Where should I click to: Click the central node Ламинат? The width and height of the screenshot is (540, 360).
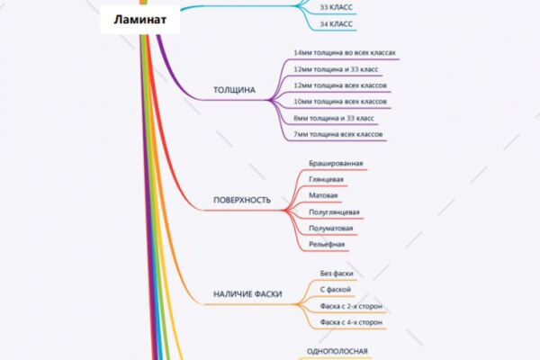click(x=140, y=19)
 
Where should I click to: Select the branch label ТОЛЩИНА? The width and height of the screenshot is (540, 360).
click(x=234, y=90)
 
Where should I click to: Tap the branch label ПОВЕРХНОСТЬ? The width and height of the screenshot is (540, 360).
click(x=242, y=200)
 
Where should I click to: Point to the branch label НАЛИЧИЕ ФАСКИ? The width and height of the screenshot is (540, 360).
click(x=247, y=294)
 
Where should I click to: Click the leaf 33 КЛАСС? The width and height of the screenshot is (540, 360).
click(x=336, y=7)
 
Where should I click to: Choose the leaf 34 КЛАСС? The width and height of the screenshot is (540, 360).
click(x=336, y=24)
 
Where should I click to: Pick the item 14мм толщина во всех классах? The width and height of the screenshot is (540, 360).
click(x=345, y=53)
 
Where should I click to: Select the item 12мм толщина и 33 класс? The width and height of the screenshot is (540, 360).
click(x=336, y=69)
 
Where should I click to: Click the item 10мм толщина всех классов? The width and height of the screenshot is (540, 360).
click(x=340, y=102)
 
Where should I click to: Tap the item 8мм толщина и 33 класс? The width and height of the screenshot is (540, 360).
click(x=334, y=118)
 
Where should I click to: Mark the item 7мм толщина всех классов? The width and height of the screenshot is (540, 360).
click(x=337, y=134)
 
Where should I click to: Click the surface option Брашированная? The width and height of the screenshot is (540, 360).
click(x=336, y=163)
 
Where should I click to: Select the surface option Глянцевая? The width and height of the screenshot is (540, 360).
click(x=326, y=179)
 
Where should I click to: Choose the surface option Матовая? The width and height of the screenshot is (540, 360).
click(x=323, y=195)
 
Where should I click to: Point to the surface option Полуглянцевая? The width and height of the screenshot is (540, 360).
click(x=334, y=212)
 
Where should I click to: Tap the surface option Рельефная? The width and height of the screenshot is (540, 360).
click(x=327, y=245)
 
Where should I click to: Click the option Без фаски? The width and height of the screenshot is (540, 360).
click(x=337, y=274)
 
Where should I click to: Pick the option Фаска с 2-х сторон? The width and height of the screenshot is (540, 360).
click(x=351, y=306)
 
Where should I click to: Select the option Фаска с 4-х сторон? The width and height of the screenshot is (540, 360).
click(x=351, y=322)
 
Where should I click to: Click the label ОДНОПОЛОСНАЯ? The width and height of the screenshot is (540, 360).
click(x=337, y=351)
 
